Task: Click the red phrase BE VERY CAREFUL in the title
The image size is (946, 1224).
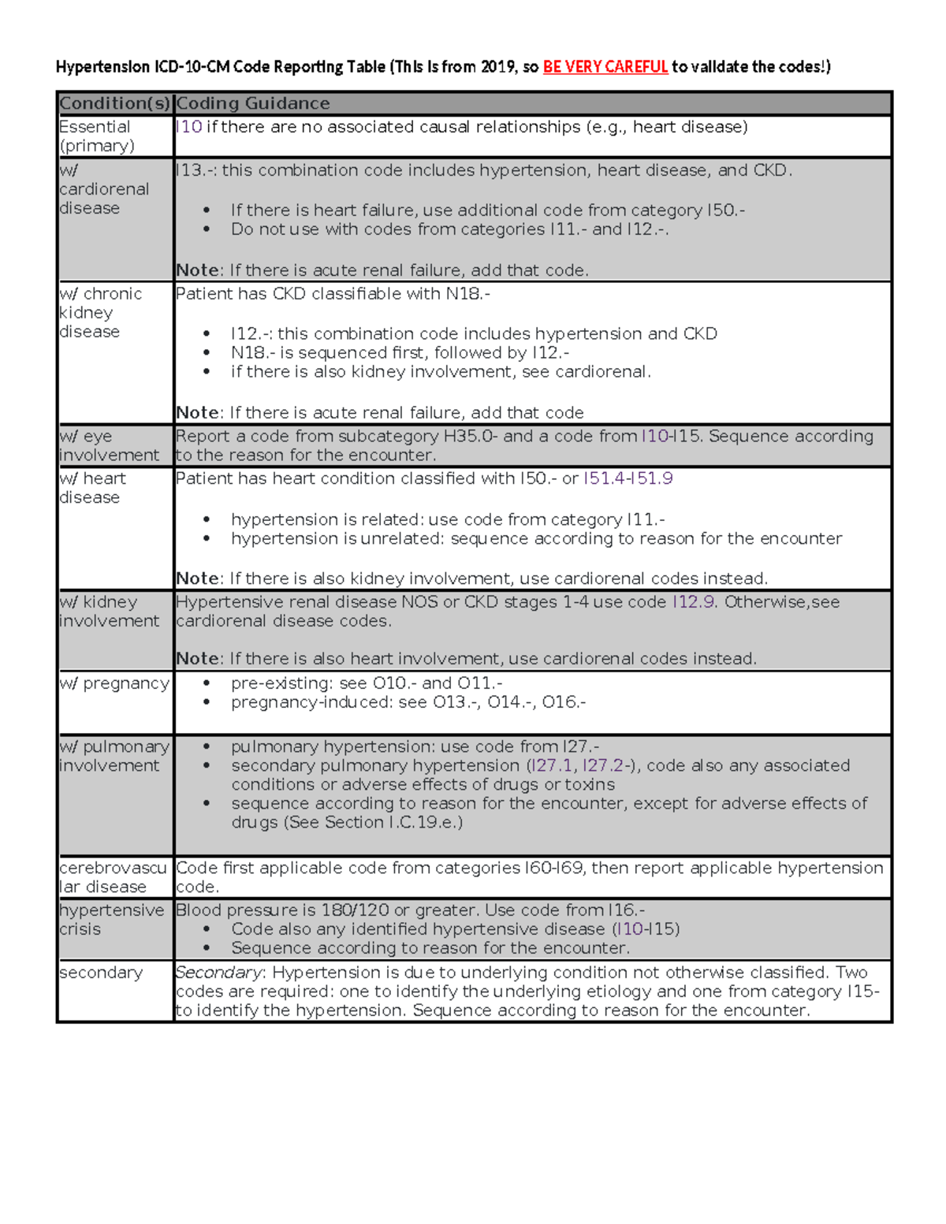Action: click(x=605, y=67)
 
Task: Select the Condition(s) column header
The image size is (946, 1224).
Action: click(x=115, y=103)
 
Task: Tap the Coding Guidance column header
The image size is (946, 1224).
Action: click(x=253, y=103)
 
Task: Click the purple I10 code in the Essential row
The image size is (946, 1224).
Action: click(x=189, y=127)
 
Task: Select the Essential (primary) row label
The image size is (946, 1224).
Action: click(x=96, y=136)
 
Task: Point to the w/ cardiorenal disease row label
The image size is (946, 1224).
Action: click(x=104, y=189)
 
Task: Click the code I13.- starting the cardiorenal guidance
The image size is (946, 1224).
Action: click(x=195, y=170)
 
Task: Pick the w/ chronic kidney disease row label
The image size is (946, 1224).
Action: click(x=100, y=313)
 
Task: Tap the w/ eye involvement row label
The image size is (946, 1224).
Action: click(x=109, y=446)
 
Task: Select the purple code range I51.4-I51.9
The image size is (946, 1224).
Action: click(x=628, y=478)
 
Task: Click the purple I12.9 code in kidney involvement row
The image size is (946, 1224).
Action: click(x=694, y=602)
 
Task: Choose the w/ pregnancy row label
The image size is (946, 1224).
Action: click(x=114, y=683)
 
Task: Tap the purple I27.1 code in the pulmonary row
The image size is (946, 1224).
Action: click(x=552, y=766)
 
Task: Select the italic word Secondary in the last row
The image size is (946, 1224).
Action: click(x=218, y=973)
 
